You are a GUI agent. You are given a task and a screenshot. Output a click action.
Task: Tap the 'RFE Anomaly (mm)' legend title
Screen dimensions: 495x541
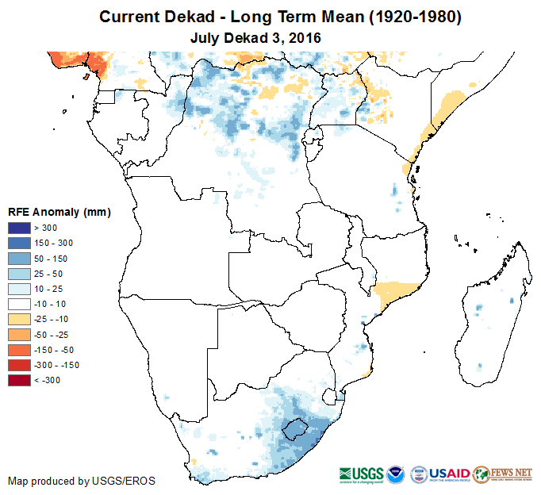coord(59,212)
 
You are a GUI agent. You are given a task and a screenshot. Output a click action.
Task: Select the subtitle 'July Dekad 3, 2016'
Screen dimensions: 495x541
coord(255,37)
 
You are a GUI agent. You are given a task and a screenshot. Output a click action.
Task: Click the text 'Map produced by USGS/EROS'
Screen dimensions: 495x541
coord(82,481)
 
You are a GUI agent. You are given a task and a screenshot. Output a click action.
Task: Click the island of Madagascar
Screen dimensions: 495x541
coord(492,317)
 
